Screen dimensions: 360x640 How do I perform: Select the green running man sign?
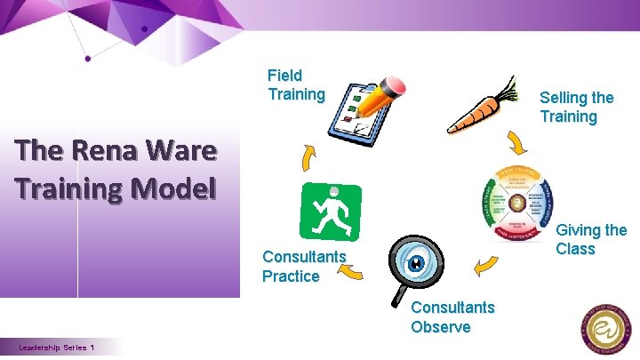pyautogui.click(x=332, y=212)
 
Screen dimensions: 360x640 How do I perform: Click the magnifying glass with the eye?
pyautogui.click(x=412, y=261)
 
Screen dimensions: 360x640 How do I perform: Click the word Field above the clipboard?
pyautogui.click(x=284, y=76)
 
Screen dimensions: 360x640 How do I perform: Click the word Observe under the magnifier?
pyautogui.click(x=440, y=327)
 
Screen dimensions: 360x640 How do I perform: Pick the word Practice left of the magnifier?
pyautogui.click(x=290, y=276)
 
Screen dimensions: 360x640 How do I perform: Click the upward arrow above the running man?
pyautogui.click(x=308, y=158)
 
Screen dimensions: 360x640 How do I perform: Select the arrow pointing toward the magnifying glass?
pyautogui.click(x=485, y=265)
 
